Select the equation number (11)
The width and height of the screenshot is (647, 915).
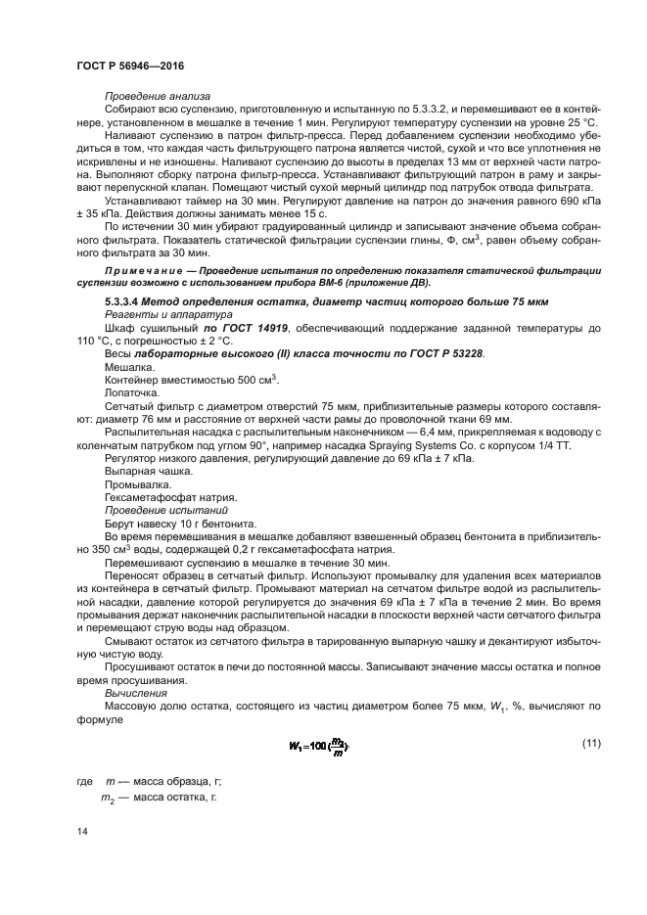(x=591, y=745)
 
